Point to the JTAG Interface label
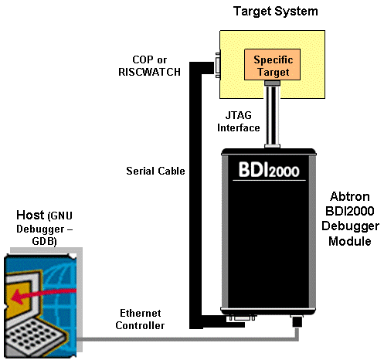[x=239, y=121]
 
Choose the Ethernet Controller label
[x=142, y=320]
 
